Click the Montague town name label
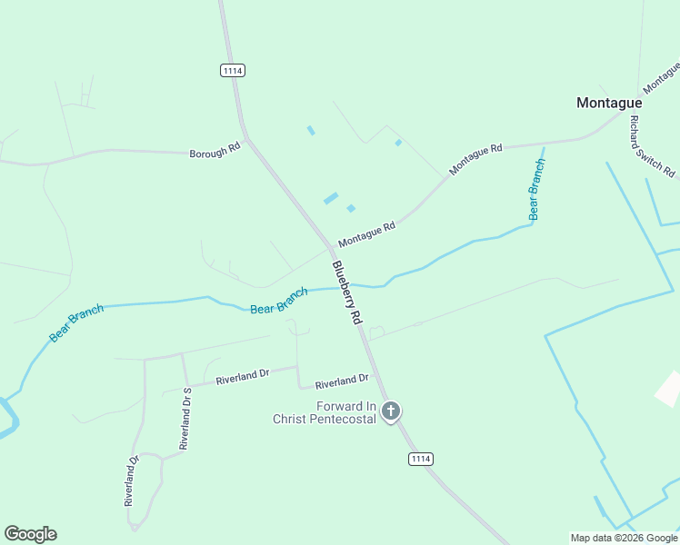(x=609, y=103)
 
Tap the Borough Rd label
(x=215, y=152)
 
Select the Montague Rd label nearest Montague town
(x=475, y=160)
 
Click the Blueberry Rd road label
(x=346, y=292)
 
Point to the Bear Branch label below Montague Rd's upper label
(x=536, y=189)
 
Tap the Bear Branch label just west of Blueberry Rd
(x=279, y=301)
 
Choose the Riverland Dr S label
(x=185, y=418)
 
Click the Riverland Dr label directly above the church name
(x=342, y=378)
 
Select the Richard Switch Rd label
(x=652, y=146)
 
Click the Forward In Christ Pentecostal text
(x=325, y=412)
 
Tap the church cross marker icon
(x=391, y=412)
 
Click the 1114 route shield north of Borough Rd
(x=233, y=70)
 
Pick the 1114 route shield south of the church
(x=419, y=459)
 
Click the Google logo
(x=30, y=534)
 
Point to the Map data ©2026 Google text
(x=624, y=538)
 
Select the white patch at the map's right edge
(x=669, y=388)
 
